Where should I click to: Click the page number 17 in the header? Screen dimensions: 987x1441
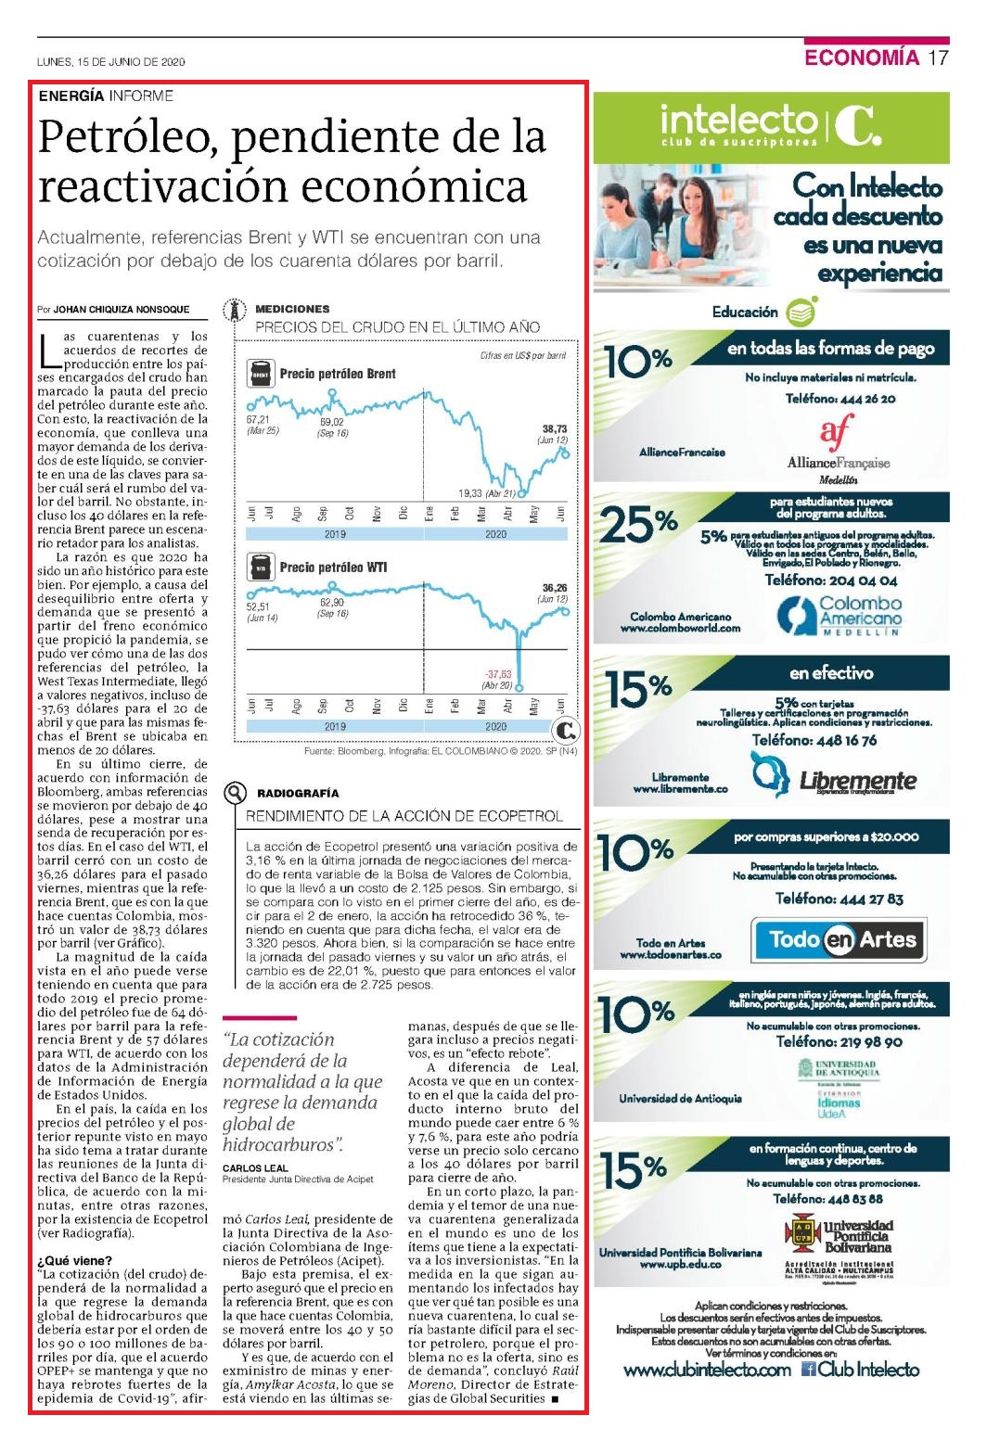938,57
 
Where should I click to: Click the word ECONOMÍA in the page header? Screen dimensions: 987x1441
862,57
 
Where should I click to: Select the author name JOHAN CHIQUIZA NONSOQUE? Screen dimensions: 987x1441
121,310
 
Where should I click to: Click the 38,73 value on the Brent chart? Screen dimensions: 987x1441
555,429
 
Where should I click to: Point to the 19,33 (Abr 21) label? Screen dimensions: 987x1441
486,493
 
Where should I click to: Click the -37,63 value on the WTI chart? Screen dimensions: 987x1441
499,674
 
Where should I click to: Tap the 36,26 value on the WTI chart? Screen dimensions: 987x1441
555,588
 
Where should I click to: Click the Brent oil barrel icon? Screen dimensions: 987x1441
261,374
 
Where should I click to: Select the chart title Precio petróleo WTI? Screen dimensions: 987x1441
333,567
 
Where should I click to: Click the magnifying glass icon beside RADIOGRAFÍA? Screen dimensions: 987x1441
235,793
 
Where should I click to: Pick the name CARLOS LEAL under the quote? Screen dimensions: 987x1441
255,1168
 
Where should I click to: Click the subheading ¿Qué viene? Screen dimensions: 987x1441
74,1260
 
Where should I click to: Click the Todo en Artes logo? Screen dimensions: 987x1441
839,940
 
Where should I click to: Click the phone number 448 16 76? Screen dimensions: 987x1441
846,741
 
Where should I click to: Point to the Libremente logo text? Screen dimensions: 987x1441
858,781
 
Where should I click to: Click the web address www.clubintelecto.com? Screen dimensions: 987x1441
707,1370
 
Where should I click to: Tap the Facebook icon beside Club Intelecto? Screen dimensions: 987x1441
808,1370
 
